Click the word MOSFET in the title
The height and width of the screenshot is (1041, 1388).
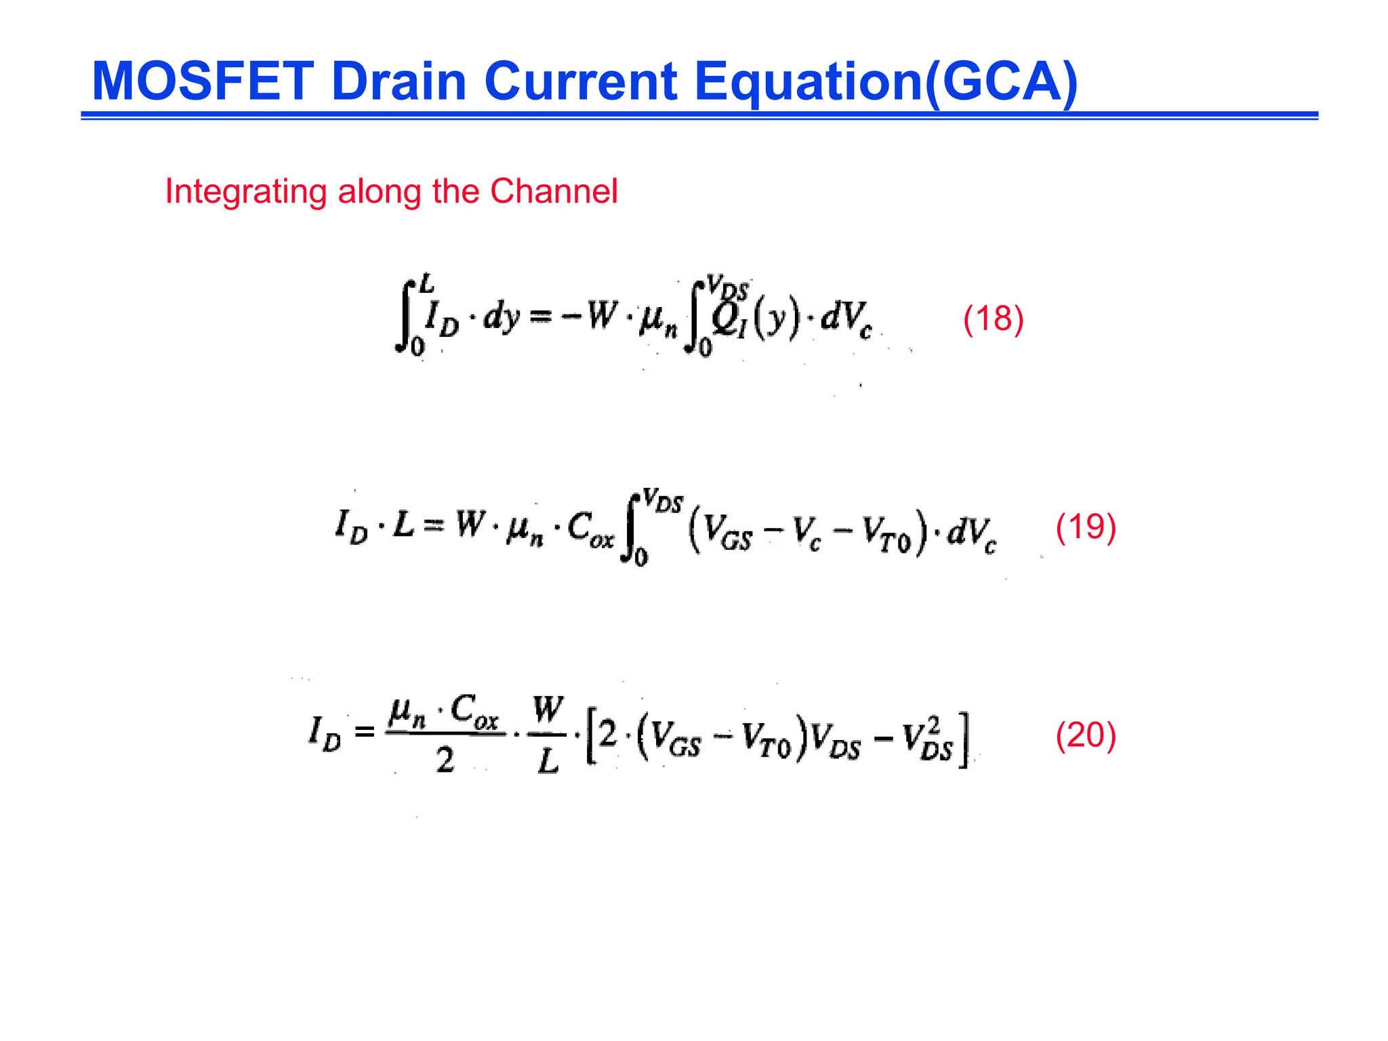(x=202, y=81)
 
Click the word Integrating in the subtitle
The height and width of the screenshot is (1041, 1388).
(x=245, y=192)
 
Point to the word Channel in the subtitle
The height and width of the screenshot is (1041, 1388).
(x=554, y=191)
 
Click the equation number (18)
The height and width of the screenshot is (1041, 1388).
(x=993, y=319)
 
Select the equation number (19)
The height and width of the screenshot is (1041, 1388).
(x=1086, y=527)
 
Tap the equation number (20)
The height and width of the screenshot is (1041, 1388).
(x=1086, y=735)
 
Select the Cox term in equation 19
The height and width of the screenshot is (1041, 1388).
(x=590, y=529)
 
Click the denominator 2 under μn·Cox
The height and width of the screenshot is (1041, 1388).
(x=445, y=761)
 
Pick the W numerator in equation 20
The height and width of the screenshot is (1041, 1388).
(x=548, y=710)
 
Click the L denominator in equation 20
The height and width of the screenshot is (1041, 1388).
(x=548, y=762)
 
